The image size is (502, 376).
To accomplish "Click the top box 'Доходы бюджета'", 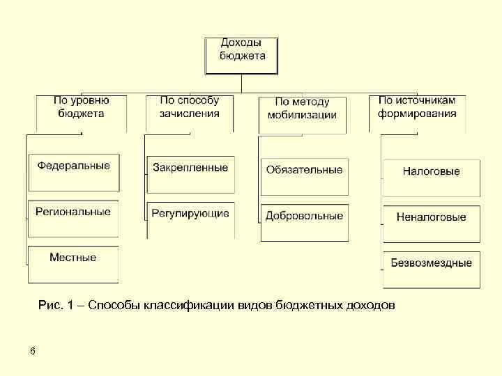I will pyautogui.click(x=241, y=55).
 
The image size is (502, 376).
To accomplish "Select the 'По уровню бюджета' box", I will pyautogui.click(x=82, y=113).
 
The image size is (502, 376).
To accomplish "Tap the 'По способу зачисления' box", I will pyautogui.click(x=190, y=113).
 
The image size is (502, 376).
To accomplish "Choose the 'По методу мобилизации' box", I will pyautogui.click(x=302, y=113).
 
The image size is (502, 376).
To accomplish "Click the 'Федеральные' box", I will pyautogui.click(x=73, y=171).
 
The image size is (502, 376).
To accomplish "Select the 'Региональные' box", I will pyautogui.click(x=73, y=218).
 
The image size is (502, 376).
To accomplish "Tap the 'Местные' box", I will pyautogui.click(x=73, y=264).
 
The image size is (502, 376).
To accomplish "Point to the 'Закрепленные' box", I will pyautogui.click(x=190, y=173).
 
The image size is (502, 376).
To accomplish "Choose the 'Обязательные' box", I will pyautogui.click(x=304, y=175).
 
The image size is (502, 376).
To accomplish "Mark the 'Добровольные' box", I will pyautogui.click(x=304, y=221).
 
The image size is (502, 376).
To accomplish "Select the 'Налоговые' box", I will pyautogui.click(x=431, y=177).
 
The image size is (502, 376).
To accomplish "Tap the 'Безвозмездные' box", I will pyautogui.click(x=431, y=269).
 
